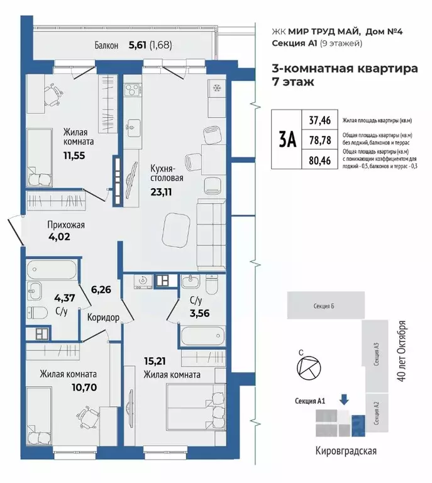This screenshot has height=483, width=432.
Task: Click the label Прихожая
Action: pyautogui.click(x=66, y=225)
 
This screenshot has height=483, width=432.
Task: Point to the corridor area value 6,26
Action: pyautogui.click(x=101, y=290)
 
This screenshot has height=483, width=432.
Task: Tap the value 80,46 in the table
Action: pyautogui.click(x=319, y=160)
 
